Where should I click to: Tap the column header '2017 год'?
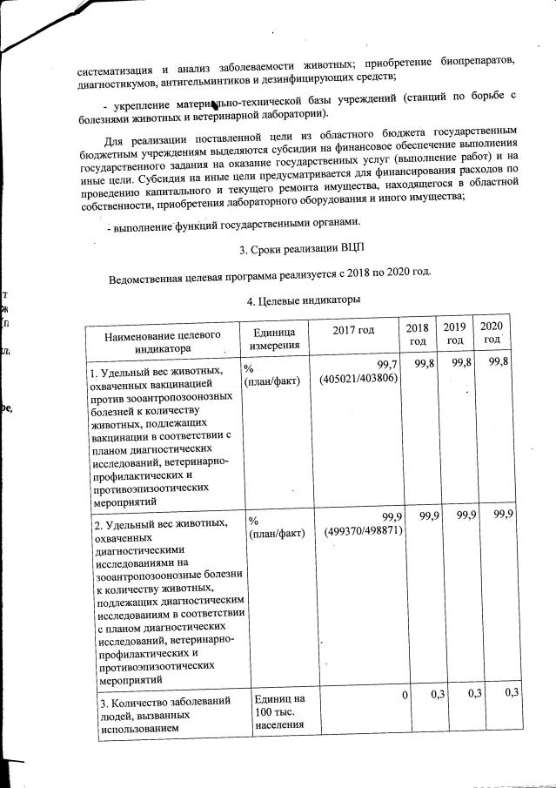pyautogui.click(x=353, y=331)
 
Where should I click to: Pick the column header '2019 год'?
pyautogui.click(x=453, y=333)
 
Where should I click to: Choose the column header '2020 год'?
pyautogui.click(x=492, y=332)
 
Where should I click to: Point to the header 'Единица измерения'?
pyautogui.click(x=274, y=339)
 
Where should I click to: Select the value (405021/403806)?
pyautogui.click(x=358, y=379)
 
